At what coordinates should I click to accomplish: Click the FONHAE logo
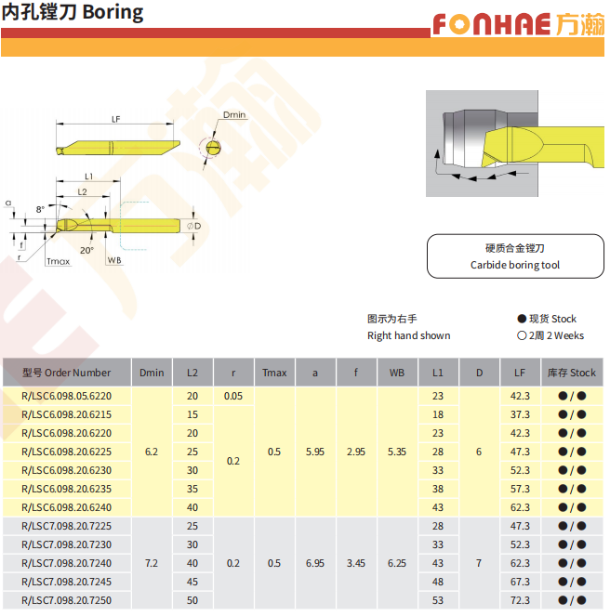pos(518,24)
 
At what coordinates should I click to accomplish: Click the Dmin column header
pos(152,373)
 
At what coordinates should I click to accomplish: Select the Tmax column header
pos(274,373)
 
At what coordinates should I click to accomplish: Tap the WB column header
pos(397,373)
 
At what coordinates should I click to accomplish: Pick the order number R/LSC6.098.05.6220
pos(66,396)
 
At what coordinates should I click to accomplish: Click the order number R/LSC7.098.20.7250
pos(66,600)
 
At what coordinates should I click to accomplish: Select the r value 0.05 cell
pos(233,396)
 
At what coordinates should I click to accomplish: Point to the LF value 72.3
pos(520,600)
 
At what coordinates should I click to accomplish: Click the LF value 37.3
pos(520,414)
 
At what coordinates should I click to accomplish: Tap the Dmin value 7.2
pos(152,563)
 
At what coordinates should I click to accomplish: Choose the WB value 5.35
pos(397,452)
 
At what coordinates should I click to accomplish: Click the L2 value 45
pos(192,582)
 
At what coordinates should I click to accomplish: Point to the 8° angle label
pos(40,209)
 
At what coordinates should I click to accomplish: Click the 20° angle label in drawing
pos(86,250)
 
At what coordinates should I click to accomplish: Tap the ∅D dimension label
pos(194,227)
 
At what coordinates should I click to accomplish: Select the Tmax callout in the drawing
pos(59,261)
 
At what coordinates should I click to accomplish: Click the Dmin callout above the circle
pos(234,114)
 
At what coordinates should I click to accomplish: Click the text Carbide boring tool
pos(515,265)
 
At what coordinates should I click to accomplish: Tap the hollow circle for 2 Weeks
pos(522,335)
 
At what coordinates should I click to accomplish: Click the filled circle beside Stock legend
pos(522,319)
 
